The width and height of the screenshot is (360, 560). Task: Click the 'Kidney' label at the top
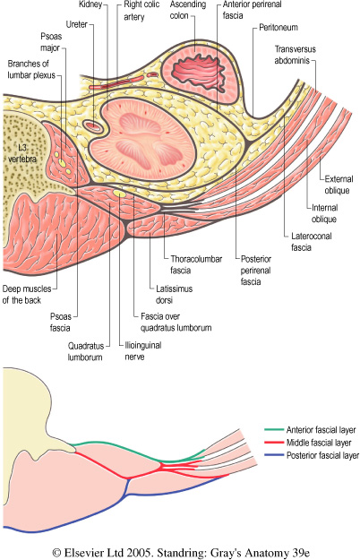[90, 4]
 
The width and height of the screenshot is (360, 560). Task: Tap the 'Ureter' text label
[77, 24]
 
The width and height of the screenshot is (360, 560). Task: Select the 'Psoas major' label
[51, 42]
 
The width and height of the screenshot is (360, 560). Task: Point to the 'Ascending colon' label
[188, 10]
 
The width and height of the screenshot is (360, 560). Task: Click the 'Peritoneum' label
[279, 28]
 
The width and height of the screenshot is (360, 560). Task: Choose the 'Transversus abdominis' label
[295, 55]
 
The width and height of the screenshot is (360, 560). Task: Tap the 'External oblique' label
[339, 185]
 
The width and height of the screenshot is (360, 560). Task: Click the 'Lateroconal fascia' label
[311, 241]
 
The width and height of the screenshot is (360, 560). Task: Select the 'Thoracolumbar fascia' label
[196, 264]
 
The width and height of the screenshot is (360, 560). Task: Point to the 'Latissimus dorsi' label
[174, 294]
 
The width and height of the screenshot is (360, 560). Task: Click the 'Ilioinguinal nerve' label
[142, 350]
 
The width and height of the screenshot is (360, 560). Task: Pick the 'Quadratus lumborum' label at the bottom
[86, 351]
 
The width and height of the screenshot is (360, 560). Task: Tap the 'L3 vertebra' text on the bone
[22, 153]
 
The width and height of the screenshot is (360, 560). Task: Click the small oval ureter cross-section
[93, 125]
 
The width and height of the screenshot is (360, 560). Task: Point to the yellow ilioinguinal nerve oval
[119, 194]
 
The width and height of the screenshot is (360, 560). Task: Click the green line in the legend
[274, 430]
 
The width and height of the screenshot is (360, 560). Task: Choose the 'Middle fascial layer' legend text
[319, 443]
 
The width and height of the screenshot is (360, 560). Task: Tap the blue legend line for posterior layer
[274, 455]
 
